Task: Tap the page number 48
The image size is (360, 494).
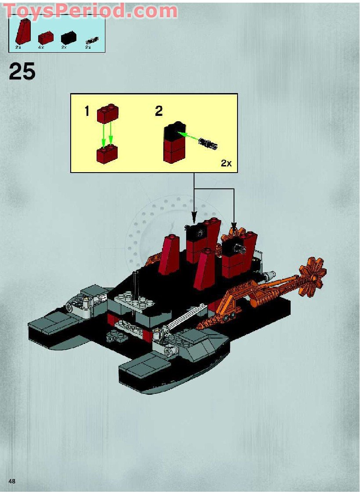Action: coord(12,481)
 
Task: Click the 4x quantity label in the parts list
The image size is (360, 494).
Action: coord(41,47)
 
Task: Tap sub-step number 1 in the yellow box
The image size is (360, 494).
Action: coord(87,112)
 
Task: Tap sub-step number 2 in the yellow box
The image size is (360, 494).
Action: coord(158,111)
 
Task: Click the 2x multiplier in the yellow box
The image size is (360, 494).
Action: coord(226,163)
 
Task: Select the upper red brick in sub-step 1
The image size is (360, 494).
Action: coord(108,113)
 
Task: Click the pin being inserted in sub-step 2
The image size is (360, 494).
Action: coord(208,143)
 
